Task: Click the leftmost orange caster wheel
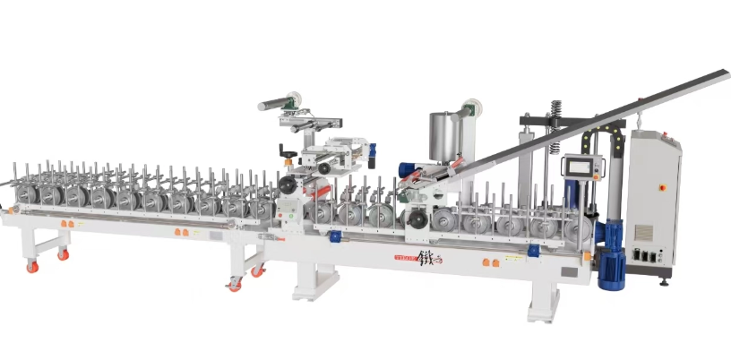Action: (x=32, y=267)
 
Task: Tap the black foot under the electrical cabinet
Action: (x=664, y=282)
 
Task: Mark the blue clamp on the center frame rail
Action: (x=336, y=236)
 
